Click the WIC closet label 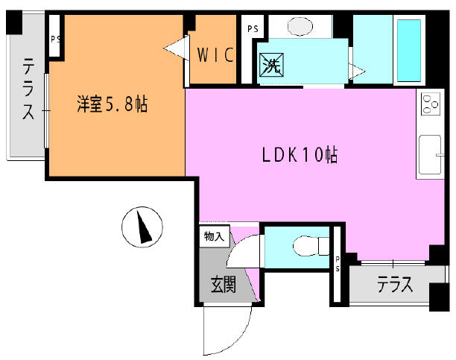pos(215,54)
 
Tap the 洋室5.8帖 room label pos(113,104)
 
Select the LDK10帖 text pos(300,154)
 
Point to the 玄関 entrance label pos(224,284)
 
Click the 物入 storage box pos(215,236)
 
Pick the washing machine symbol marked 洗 pos(272,65)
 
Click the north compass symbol pos(142,227)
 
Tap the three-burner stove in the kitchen pos(431,104)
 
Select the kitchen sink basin pos(430,154)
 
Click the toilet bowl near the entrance pos(311,246)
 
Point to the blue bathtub pos(409,51)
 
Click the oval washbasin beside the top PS pos(300,26)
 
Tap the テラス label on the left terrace pos(28,89)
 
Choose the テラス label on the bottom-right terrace pos(395,284)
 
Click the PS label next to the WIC pos(253,29)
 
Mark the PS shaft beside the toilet pos(337,264)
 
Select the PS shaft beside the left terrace pos(54,36)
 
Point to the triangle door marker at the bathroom pos(357,71)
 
